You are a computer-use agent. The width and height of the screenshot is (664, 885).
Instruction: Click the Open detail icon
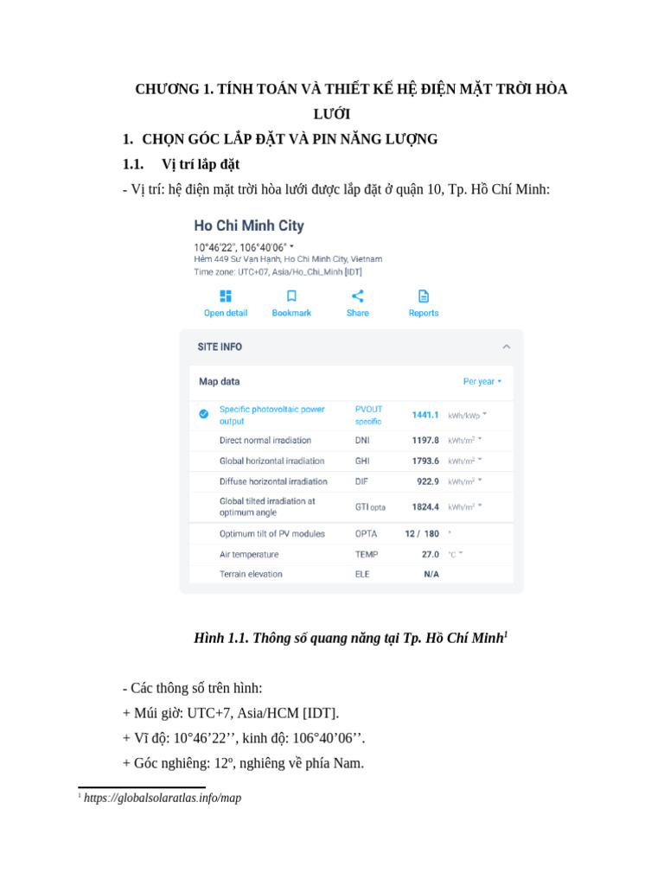tap(226, 296)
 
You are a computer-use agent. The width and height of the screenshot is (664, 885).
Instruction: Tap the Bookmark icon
tap(291, 296)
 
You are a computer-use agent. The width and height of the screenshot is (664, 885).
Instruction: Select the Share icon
tap(357, 296)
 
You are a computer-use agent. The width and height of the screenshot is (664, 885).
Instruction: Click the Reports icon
tap(424, 296)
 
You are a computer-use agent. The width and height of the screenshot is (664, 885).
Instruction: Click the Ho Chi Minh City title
tap(249, 226)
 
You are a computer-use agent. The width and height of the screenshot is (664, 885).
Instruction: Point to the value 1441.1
tap(425, 415)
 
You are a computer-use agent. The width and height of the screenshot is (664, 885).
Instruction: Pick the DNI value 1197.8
tap(425, 440)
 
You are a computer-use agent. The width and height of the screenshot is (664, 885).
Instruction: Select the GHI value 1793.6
tap(425, 461)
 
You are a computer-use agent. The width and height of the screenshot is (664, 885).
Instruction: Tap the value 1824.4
tap(425, 506)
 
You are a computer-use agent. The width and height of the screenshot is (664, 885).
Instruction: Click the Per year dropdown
tap(482, 381)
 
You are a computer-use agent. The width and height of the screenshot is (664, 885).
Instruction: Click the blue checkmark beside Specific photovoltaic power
tap(203, 414)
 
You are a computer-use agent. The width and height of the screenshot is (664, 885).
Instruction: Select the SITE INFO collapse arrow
tap(507, 347)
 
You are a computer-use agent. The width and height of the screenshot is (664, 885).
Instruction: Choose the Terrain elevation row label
tap(251, 574)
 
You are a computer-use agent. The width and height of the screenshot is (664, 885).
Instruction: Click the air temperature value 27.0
tap(431, 554)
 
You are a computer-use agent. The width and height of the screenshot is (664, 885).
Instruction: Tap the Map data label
tap(220, 381)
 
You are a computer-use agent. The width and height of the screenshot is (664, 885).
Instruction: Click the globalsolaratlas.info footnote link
tap(163, 798)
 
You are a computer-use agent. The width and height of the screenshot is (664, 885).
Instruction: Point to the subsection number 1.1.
tap(132, 164)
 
